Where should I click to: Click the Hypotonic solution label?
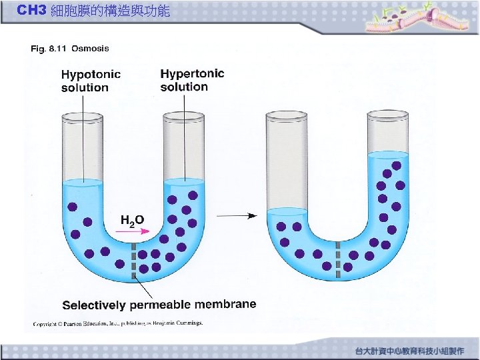tap(91, 81)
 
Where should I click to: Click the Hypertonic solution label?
tap(192, 80)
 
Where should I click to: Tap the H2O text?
tap(132, 219)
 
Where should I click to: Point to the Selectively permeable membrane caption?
tap(159, 305)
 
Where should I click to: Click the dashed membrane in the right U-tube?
tap(338, 260)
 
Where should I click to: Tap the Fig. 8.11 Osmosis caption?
tap(70, 48)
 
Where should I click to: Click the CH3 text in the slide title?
tap(31, 11)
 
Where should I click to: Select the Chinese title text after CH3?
tap(110, 11)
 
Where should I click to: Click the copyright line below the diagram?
tap(117, 324)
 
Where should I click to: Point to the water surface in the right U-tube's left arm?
tap(287, 211)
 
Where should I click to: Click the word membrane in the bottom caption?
tap(225, 304)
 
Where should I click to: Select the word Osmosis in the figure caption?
tap(90, 48)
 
